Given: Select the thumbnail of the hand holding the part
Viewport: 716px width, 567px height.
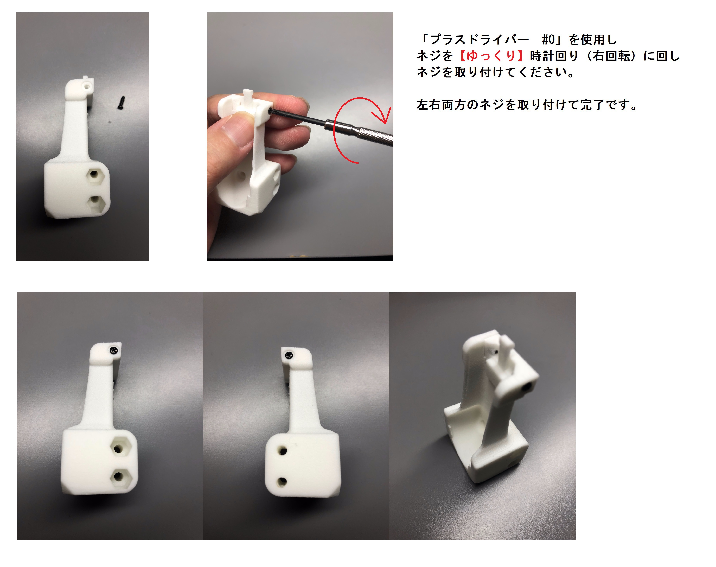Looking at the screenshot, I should (300, 136).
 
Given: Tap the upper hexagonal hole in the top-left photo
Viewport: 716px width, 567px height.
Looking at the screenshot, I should (94, 174).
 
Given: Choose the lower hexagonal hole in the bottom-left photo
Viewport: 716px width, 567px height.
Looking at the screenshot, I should (118, 476).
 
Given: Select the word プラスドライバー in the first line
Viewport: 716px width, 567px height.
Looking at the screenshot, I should (479, 40).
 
